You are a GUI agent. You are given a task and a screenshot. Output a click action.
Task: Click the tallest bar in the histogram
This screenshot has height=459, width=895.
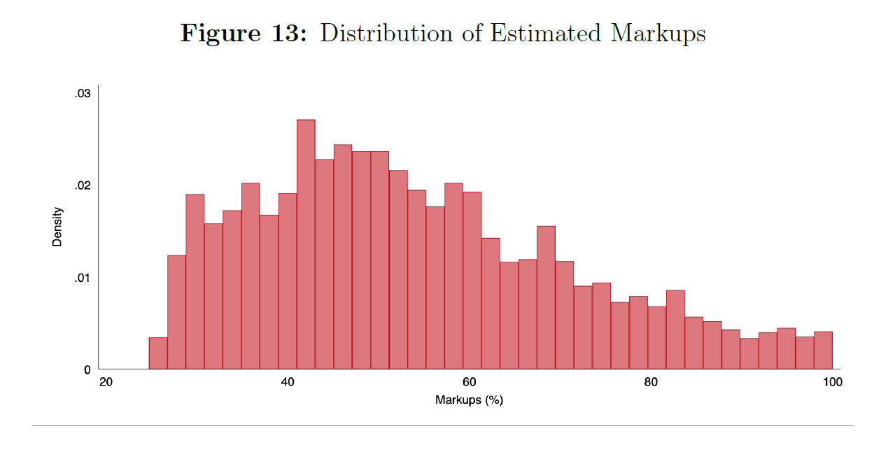(306, 244)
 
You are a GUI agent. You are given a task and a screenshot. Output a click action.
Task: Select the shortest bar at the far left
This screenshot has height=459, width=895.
(158, 353)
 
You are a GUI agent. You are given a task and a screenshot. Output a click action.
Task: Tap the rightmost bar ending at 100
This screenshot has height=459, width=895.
(823, 351)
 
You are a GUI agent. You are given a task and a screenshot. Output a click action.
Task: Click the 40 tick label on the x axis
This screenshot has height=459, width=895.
(288, 382)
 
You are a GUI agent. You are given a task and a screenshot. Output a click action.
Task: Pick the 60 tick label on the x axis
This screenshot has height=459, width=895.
(469, 382)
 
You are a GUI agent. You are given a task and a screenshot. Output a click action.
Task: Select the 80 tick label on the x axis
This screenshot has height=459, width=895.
(651, 382)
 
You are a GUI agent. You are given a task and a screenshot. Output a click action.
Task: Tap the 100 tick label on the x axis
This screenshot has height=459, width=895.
(832, 382)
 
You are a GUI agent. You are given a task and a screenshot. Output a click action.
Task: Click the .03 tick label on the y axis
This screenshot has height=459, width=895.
(83, 94)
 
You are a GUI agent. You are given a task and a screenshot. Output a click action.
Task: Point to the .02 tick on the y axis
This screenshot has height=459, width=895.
(83, 185)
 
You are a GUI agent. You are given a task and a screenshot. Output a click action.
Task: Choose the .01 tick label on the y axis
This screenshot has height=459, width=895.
(83, 278)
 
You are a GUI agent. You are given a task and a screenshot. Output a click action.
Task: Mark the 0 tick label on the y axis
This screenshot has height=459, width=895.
(87, 369)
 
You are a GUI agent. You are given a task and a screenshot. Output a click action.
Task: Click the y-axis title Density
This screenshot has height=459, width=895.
(57, 227)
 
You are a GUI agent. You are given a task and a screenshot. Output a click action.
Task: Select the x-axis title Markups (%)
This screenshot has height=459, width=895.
(469, 400)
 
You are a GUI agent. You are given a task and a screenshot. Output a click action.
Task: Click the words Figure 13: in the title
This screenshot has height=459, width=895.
(244, 34)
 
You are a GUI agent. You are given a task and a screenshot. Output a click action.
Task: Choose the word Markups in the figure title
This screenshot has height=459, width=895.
(658, 34)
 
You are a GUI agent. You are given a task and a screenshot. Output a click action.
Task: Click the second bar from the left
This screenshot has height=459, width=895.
(176, 312)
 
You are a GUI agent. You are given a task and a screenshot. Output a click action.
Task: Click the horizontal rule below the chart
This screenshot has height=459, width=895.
(442, 425)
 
